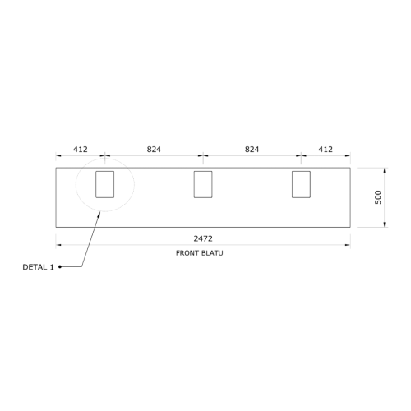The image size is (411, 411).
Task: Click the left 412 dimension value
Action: click(x=81, y=150)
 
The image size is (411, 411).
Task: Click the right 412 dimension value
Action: click(x=326, y=150)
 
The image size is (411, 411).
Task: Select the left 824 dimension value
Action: click(x=154, y=150)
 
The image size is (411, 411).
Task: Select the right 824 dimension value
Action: click(x=252, y=150)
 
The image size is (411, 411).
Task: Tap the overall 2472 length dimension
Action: click(x=203, y=238)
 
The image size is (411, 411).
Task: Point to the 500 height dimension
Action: click(x=378, y=197)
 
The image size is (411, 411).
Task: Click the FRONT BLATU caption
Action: click(x=200, y=253)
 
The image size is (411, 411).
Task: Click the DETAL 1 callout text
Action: click(x=38, y=267)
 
